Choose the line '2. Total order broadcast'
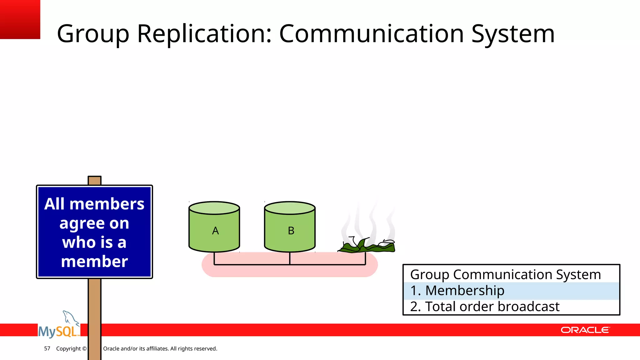tap(485, 307)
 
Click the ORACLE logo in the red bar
tap(585, 330)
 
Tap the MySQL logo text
tap(58, 332)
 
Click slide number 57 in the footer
tap(47, 348)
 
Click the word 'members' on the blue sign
tap(107, 204)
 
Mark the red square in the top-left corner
tap(20, 19)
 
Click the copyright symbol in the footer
tap(84, 348)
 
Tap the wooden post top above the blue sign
tap(95, 181)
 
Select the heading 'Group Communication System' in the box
tap(505, 275)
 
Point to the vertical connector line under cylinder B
tap(290, 258)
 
